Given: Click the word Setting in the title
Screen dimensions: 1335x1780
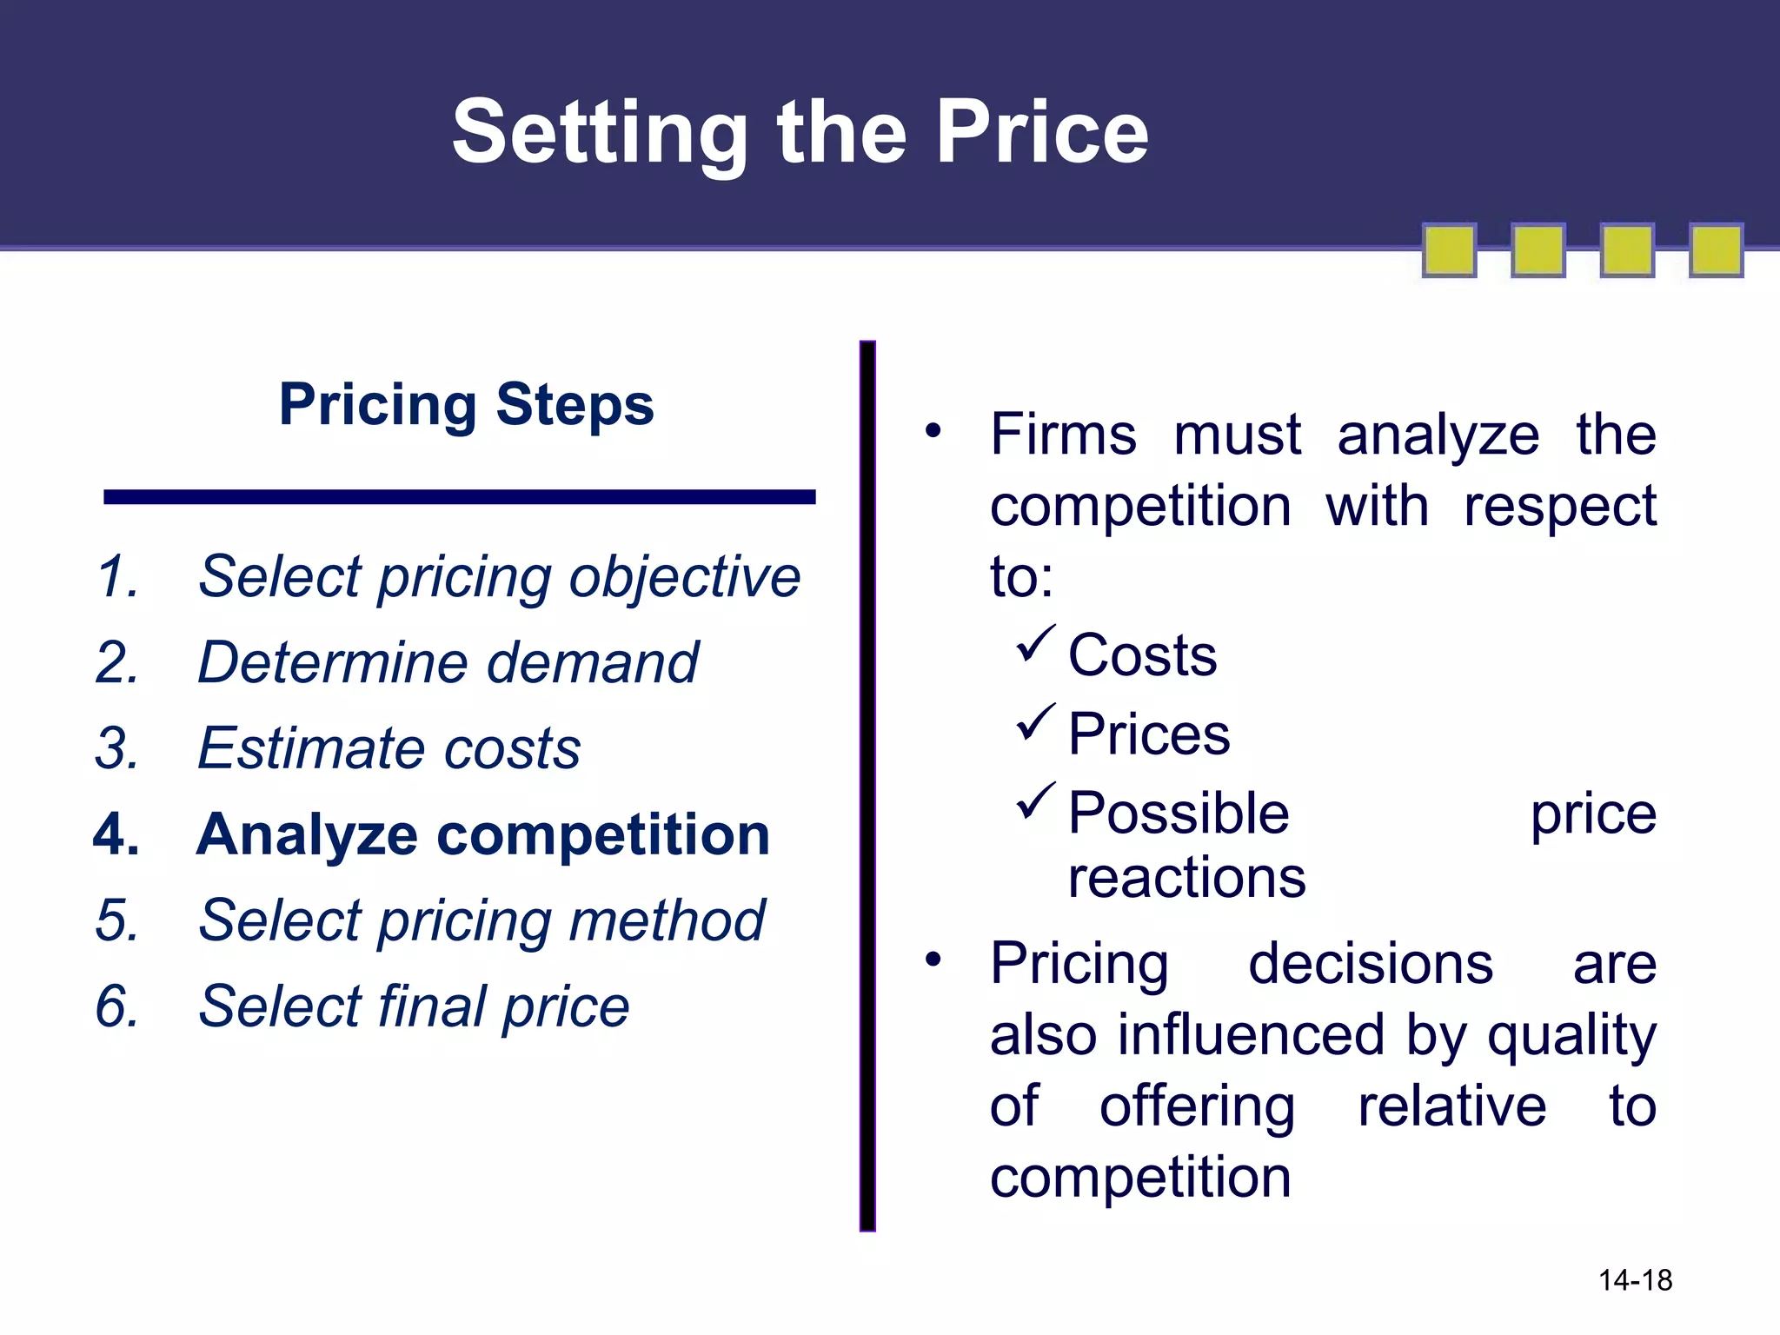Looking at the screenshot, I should [600, 132].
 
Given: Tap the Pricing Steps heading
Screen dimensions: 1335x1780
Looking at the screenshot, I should [466, 404].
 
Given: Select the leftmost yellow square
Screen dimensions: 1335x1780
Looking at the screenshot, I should [1449, 250].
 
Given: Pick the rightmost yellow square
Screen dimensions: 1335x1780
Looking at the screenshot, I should [1716, 250].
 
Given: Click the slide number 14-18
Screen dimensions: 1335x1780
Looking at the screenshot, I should [1635, 1280].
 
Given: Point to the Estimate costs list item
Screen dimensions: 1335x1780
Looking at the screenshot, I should [389, 748].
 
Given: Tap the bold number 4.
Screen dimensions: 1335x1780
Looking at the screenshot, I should [116, 834].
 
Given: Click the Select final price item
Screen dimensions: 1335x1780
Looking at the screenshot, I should [414, 1006].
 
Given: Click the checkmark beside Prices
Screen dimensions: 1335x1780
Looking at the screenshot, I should [1036, 723].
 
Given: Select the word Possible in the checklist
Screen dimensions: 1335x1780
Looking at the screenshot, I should [1178, 814].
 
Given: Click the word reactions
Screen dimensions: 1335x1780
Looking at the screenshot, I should [1186, 878].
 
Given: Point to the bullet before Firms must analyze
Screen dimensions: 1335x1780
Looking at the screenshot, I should [933, 430].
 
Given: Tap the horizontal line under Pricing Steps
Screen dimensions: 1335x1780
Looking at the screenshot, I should [459, 497].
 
